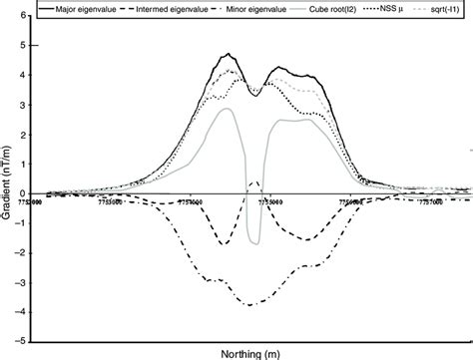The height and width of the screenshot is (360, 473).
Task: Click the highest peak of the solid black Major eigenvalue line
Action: (229, 54)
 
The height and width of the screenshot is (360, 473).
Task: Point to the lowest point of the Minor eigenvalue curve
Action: (253, 303)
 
